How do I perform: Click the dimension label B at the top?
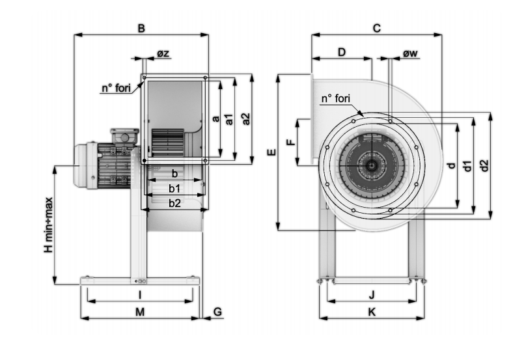pyautogui.click(x=141, y=29)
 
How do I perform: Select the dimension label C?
pyautogui.click(x=377, y=29)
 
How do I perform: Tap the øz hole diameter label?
pyautogui.click(x=163, y=53)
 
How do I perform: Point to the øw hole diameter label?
pyautogui.click(x=410, y=53)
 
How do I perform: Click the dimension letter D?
pyautogui.click(x=342, y=52)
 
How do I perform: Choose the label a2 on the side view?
pyautogui.click(x=245, y=118)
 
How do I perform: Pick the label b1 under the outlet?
pyautogui.click(x=174, y=189)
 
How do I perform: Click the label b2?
pyautogui.click(x=174, y=203)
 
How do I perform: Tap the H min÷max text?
pyautogui.click(x=48, y=225)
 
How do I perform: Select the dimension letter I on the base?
pyautogui.click(x=140, y=295)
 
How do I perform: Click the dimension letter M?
pyautogui.click(x=140, y=312)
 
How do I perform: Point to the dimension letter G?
pyautogui.click(x=217, y=312)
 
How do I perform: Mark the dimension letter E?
pyautogui.click(x=271, y=152)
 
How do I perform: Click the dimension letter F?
pyautogui.click(x=290, y=142)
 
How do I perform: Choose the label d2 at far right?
pyautogui.click(x=484, y=165)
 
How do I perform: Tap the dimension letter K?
pyautogui.click(x=372, y=312)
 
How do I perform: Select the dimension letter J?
pyautogui.click(x=372, y=295)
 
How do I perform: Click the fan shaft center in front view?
pyautogui.click(x=371, y=165)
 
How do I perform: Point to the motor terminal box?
pyautogui.click(x=124, y=136)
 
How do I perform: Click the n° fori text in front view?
pyautogui.click(x=336, y=98)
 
